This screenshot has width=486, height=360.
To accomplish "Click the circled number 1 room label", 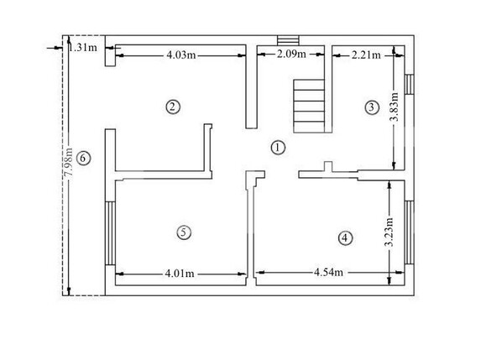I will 278,147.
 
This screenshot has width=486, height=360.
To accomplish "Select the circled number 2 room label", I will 171,107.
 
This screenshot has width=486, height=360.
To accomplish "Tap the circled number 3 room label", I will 372,107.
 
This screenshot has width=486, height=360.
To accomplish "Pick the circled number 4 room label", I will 344,237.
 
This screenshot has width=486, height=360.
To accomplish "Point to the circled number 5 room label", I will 184,232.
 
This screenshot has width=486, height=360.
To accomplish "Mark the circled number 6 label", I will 82,157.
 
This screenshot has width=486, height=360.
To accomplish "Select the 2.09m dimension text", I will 290,55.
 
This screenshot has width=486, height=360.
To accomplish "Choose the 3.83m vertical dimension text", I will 395,108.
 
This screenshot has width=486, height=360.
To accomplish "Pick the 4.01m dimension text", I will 180,273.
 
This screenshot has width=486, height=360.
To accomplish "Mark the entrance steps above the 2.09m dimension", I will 287,40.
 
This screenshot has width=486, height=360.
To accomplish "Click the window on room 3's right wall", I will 410,86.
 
